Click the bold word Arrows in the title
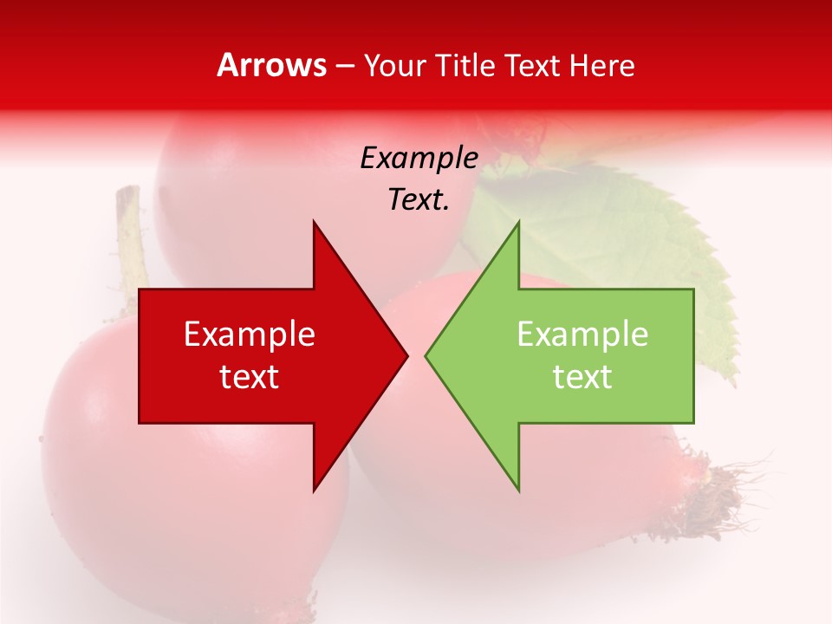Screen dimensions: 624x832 tap(272, 65)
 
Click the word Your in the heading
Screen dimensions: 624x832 tap(395, 65)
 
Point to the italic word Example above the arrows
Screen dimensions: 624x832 tap(419, 159)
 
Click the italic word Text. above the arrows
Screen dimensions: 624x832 tap(419, 200)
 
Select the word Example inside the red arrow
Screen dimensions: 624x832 tap(250, 334)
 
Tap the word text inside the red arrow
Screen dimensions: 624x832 tap(250, 377)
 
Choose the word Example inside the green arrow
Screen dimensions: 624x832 tap(582, 334)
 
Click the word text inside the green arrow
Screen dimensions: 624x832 tap(582, 377)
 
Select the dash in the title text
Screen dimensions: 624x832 tap(344, 66)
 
